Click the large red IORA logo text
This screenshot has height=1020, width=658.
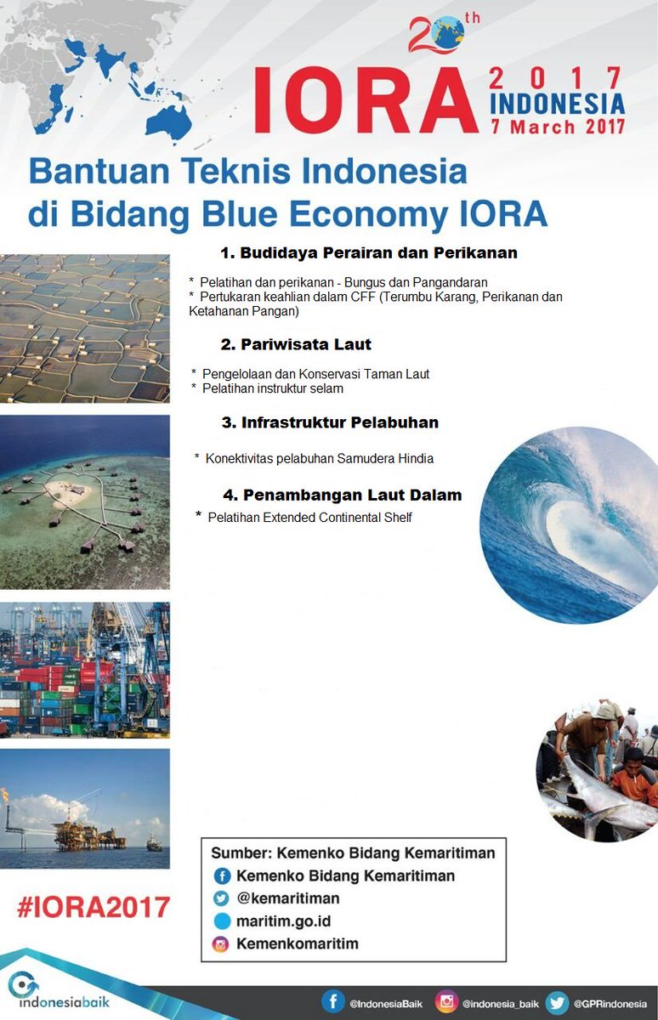click(x=366, y=100)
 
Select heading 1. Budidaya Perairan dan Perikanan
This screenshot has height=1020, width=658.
click(x=369, y=253)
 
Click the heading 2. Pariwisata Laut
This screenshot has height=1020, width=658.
click(x=296, y=345)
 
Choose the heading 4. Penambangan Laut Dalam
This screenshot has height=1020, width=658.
click(x=343, y=495)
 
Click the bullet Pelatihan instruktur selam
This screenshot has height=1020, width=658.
click(x=273, y=388)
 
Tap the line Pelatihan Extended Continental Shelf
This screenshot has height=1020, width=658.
click(x=309, y=517)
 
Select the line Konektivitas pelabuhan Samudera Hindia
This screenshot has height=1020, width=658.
click(x=320, y=458)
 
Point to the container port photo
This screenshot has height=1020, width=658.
click(x=84, y=670)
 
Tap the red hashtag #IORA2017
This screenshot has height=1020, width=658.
click(x=94, y=906)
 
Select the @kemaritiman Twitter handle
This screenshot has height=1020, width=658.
click(x=288, y=898)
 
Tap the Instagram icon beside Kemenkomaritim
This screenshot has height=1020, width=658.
click(x=221, y=944)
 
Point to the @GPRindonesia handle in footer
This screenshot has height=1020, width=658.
click(x=610, y=1004)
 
